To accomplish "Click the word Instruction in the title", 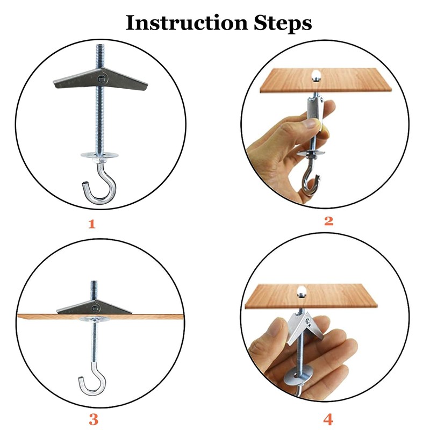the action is click(x=187, y=23).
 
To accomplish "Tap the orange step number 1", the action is click(x=92, y=224).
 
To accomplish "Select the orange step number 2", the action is click(x=328, y=221).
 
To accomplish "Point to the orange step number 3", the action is click(x=94, y=419).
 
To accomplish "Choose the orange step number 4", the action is click(x=328, y=419).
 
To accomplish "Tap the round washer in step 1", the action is click(x=99, y=155).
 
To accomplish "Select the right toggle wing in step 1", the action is click(x=125, y=80).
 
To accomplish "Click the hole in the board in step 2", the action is click(x=316, y=75).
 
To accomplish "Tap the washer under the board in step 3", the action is click(x=95, y=319).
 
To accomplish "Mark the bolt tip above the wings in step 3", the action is click(x=94, y=283).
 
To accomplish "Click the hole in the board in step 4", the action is click(x=302, y=291).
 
